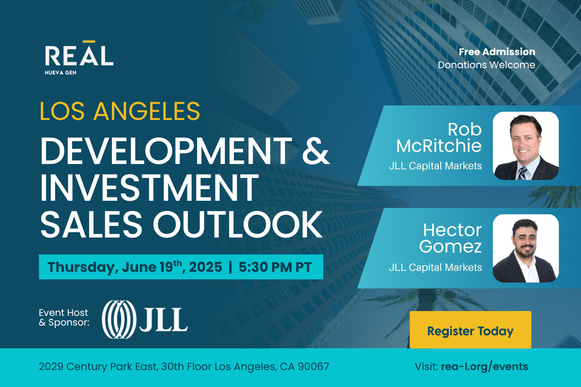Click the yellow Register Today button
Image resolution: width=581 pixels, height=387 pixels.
(x=470, y=329)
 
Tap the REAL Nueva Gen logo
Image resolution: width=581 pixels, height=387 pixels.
(x=79, y=58)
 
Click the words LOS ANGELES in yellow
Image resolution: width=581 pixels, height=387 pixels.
(x=120, y=111)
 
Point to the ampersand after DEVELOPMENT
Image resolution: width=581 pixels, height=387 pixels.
(x=316, y=151)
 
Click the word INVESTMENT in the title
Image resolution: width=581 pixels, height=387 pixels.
(x=150, y=188)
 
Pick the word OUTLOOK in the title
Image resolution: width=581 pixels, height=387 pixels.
(x=238, y=224)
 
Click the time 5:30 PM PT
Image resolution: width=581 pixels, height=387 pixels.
(x=275, y=267)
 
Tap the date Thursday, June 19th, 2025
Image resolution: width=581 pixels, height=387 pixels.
(x=135, y=267)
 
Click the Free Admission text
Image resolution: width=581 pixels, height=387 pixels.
(x=497, y=52)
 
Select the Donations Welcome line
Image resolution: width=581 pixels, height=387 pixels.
(x=487, y=65)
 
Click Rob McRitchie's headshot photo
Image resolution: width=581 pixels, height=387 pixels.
(x=526, y=146)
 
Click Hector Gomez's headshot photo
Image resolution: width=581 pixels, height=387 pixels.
(x=526, y=248)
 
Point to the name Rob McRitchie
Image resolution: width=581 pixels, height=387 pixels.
(x=439, y=137)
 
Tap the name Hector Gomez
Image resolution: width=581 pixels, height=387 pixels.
(x=451, y=238)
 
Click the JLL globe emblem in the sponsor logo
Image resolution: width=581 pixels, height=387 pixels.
(x=119, y=319)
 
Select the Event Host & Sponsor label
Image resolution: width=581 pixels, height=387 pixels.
(x=64, y=317)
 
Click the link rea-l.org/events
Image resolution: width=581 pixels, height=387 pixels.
(x=485, y=367)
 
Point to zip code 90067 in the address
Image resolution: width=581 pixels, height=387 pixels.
(x=313, y=367)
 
